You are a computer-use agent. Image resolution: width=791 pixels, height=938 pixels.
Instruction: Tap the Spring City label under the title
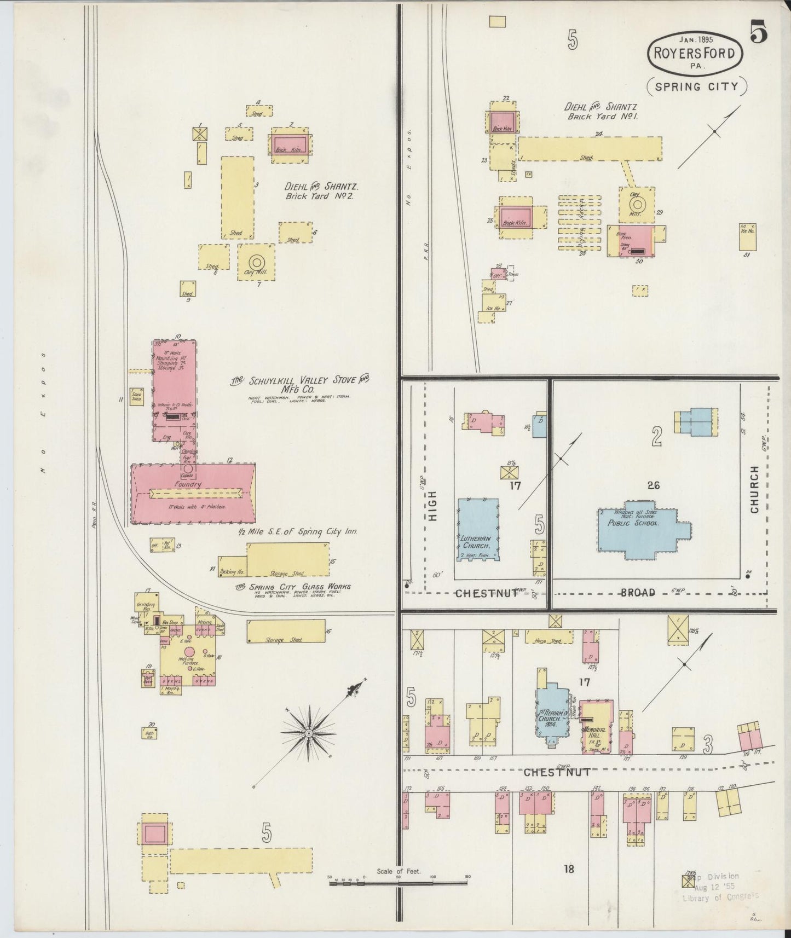697,86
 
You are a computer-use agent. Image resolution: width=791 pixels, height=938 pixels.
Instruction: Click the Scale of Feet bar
398,882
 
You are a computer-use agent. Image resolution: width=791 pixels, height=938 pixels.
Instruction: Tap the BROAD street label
638,592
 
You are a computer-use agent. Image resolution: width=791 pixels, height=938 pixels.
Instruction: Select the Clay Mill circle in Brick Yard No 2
256,263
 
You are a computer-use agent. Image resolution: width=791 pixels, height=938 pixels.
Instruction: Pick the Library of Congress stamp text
720,896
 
